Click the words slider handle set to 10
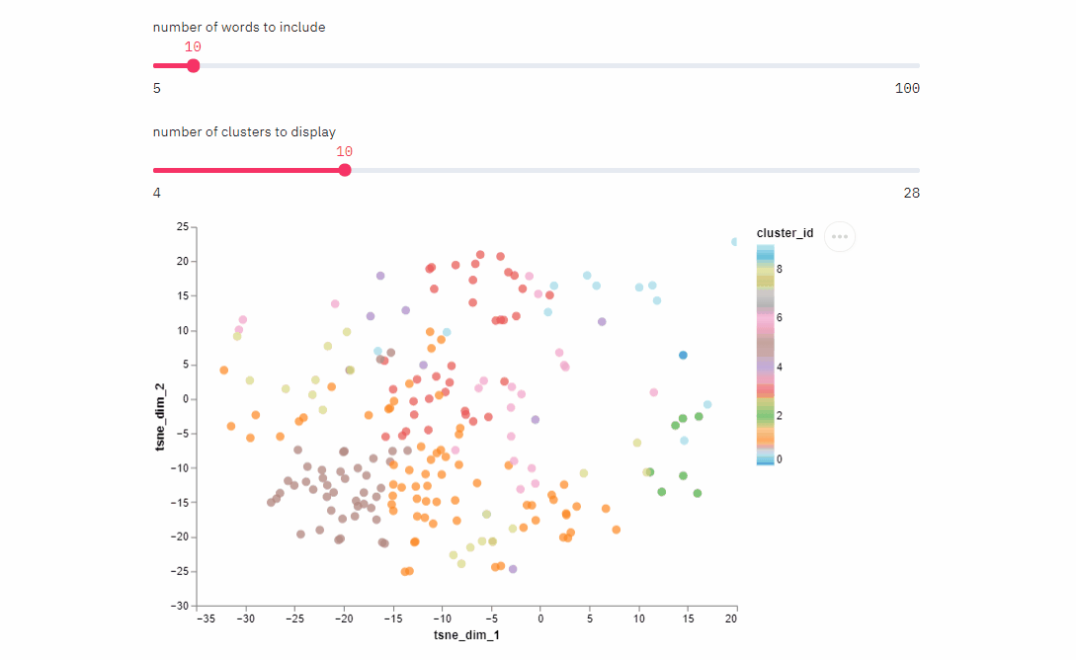pos(194,66)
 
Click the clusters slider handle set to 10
pos(345,170)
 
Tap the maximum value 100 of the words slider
pos(907,89)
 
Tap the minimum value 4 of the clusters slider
pos(157,193)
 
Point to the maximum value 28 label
pos(911,193)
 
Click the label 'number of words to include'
pos(239,28)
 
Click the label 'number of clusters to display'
pos(244,132)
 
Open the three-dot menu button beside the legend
pos(840,236)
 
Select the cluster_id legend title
pos(785,233)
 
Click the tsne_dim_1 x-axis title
pos(466,635)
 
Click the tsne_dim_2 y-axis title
pos(161,416)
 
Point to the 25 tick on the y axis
pos(182,227)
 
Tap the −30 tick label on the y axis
pos(179,605)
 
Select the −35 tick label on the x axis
pos(207,619)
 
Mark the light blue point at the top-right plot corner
pos(735,242)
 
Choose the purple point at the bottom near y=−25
pos(513,568)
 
